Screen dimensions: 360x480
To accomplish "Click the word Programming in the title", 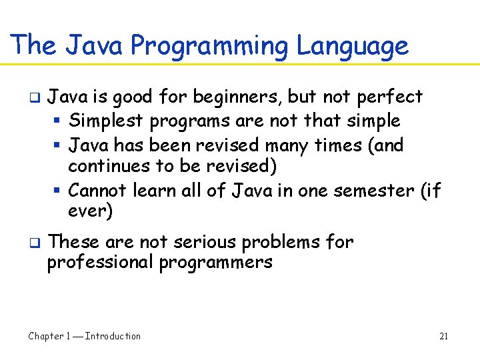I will click(210, 46).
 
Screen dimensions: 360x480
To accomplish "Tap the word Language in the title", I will click(352, 46).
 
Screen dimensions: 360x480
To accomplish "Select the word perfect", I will click(390, 97).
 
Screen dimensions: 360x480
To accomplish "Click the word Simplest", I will click(107, 121).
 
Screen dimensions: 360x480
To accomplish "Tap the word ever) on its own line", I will click(90, 212).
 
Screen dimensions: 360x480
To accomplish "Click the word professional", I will click(99, 262).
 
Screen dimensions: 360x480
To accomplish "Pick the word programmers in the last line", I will click(215, 263).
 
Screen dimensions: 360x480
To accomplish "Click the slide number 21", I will click(443, 337).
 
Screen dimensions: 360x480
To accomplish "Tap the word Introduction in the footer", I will click(113, 337).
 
